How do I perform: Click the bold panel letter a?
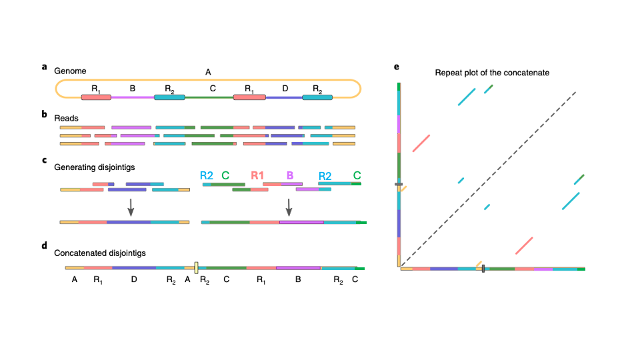[x=45, y=67]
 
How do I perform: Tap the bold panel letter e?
[x=397, y=67]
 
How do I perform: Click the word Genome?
[x=70, y=70]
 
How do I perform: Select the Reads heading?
[x=66, y=117]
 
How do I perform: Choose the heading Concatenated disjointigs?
[x=99, y=253]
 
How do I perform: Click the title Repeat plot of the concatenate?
[x=492, y=73]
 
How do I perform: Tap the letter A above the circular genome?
[x=208, y=71]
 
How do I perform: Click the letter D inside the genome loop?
[x=285, y=87]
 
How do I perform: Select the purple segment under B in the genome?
[x=132, y=98]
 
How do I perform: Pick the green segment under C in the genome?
[x=209, y=98]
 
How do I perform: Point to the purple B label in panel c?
[x=290, y=175]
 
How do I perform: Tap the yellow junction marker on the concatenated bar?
[x=197, y=268]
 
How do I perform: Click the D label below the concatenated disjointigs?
[x=134, y=281]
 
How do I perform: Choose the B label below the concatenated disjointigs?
[x=297, y=281]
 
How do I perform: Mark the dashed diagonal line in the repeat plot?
[x=487, y=179]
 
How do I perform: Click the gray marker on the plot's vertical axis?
[x=399, y=185]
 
